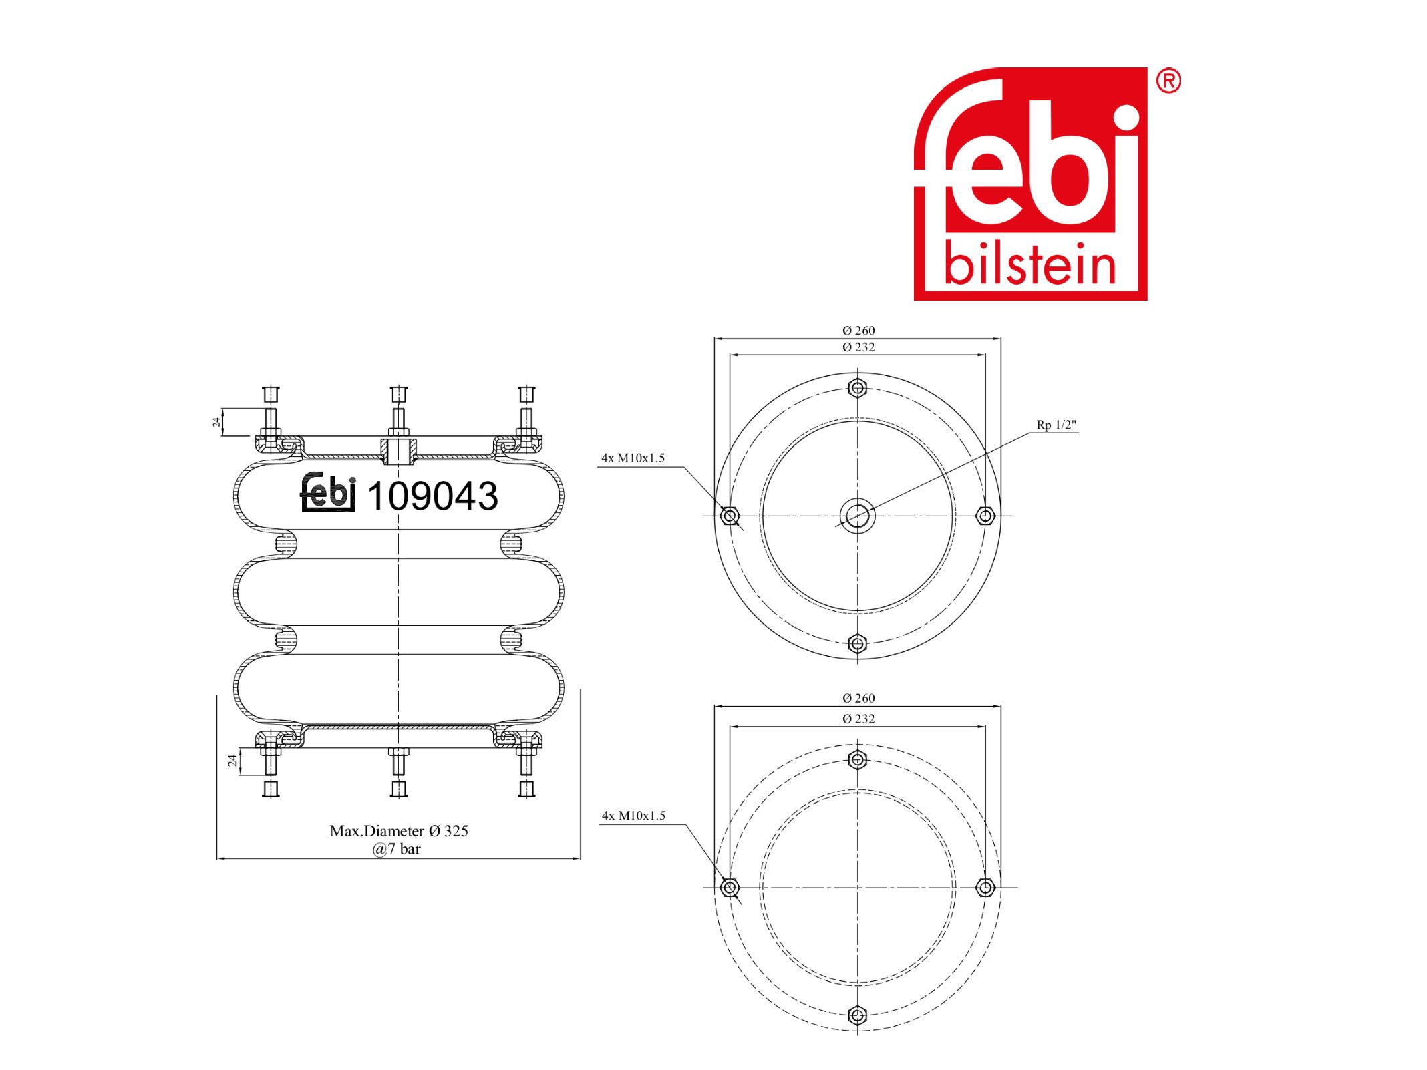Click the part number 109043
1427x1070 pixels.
point(432,496)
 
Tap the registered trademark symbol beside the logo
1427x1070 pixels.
point(1168,81)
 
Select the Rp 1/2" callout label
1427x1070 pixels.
point(1056,425)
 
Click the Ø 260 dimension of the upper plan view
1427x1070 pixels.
point(858,331)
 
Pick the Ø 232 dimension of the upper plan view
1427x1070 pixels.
point(858,347)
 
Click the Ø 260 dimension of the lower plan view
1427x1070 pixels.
point(858,698)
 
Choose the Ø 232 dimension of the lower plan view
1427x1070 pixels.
point(858,719)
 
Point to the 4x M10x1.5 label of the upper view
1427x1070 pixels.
point(633,458)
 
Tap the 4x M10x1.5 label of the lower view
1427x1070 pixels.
point(634,815)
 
